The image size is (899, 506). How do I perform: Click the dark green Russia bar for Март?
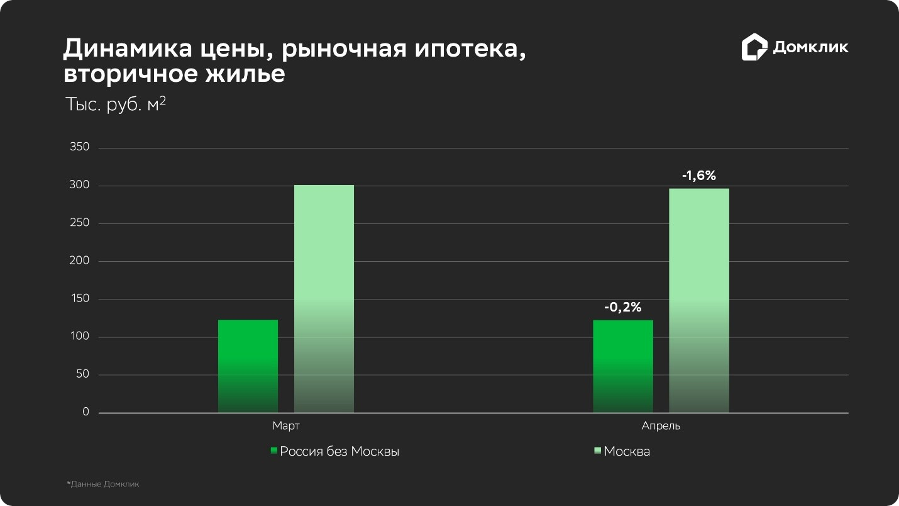pos(248,366)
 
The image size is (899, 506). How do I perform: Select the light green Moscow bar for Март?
pos(324,299)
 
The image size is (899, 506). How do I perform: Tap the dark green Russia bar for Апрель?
pos(623,366)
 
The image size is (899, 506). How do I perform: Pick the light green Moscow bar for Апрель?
pos(699,301)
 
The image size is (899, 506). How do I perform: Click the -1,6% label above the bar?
pos(699,176)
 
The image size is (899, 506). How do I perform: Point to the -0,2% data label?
pos(623,308)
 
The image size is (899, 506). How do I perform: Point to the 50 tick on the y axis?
pos(83,374)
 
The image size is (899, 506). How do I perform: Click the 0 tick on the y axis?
pos(85,412)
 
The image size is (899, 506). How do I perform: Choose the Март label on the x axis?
pos(286,426)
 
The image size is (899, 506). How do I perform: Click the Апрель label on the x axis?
pos(661,426)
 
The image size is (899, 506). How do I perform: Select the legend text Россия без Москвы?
pos(339,452)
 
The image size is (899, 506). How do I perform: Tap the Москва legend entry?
pos(627,452)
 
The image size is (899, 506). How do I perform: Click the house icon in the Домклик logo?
pos(754,47)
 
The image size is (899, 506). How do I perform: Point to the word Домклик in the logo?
pos(810,47)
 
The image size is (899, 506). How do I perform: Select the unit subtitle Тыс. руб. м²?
pos(116,104)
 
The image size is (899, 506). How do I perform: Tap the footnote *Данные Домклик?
pos(103,485)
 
